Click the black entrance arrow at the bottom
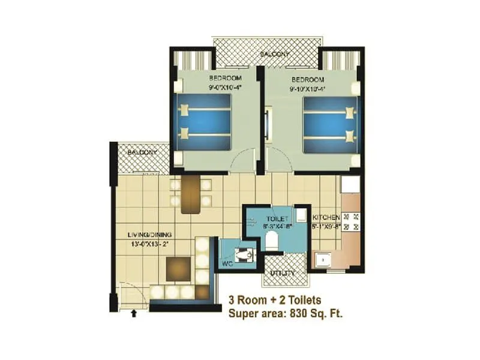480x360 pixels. [x=133, y=312]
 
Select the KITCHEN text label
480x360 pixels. [x=326, y=217]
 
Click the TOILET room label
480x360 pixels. [x=277, y=218]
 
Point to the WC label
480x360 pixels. [x=229, y=263]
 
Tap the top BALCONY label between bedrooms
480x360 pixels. [x=275, y=55]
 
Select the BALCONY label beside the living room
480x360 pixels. [x=142, y=152]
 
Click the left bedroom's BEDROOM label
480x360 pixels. [x=225, y=79]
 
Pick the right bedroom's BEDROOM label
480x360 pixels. [x=308, y=80]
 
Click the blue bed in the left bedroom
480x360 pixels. [x=205, y=123]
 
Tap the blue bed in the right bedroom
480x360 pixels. [x=331, y=124]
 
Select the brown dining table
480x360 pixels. [x=190, y=194]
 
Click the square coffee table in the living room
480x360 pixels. [x=179, y=268]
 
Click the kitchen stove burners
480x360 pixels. [x=353, y=222]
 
